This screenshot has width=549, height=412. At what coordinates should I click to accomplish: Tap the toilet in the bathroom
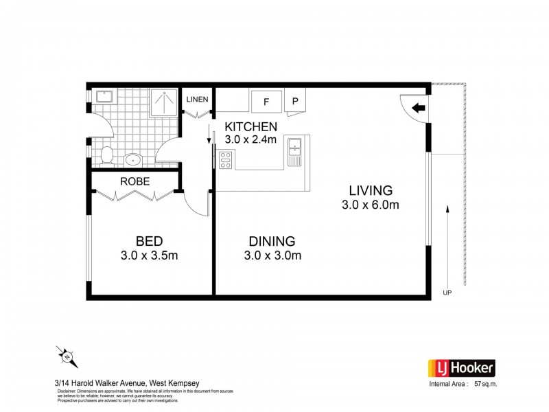click(x=106, y=156)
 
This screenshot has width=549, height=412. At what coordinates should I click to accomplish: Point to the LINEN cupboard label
click(x=197, y=100)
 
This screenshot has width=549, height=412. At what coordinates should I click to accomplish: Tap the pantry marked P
click(x=296, y=101)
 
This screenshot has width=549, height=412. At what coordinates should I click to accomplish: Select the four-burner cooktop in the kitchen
click(x=226, y=160)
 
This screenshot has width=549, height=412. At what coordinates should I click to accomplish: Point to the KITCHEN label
click(x=251, y=126)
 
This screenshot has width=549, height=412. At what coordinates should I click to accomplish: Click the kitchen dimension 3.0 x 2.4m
click(x=251, y=140)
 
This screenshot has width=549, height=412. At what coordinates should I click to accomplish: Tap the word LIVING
click(x=370, y=190)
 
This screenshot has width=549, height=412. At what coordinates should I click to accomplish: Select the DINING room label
click(x=272, y=241)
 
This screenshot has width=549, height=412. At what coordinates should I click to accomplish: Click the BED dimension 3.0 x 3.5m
click(x=149, y=255)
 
